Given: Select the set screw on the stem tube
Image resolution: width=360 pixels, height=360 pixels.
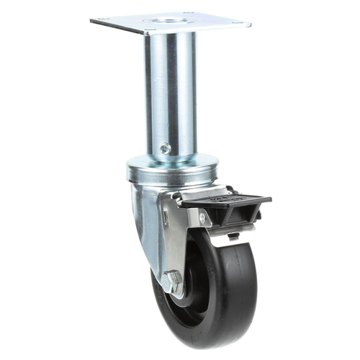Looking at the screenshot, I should click(165, 148).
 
